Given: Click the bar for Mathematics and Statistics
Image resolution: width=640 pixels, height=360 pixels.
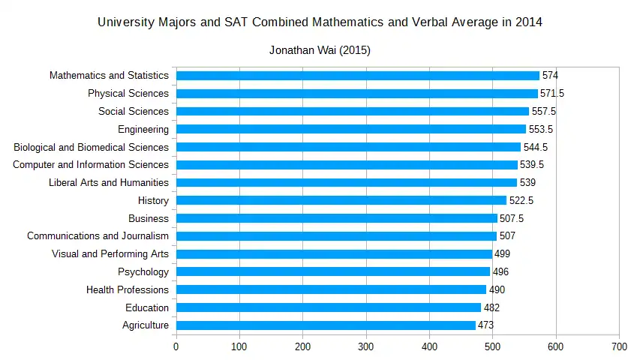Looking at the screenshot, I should (357, 76).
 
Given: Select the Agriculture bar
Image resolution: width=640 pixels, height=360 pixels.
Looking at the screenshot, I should (326, 325).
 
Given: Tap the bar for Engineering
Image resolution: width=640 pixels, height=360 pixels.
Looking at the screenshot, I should (351, 129).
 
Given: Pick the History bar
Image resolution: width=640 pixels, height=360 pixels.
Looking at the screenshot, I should (341, 200).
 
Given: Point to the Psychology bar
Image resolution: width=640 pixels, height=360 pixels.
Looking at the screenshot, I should (333, 271).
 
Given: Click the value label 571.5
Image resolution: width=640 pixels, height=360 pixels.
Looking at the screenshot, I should (553, 94).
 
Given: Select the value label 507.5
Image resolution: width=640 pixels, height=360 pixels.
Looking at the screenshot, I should (512, 218).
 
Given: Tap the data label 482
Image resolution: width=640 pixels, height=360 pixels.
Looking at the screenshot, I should (491, 307).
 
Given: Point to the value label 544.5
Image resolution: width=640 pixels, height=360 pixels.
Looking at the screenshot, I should (536, 147).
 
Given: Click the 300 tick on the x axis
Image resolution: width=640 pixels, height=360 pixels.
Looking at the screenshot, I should (366, 346).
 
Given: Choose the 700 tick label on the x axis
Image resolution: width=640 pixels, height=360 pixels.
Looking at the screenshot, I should (619, 346).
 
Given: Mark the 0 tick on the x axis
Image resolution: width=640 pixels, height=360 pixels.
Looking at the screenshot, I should (176, 346).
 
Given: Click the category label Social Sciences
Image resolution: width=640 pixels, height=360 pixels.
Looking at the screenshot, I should (134, 112).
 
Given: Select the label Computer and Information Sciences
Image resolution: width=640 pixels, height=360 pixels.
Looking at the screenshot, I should (91, 165).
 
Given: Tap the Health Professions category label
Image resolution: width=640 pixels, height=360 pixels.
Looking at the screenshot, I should (128, 289).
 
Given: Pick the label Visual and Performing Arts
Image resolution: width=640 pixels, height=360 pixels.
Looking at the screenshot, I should (110, 254).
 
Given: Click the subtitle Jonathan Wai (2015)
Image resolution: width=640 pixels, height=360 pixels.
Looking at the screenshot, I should (320, 51).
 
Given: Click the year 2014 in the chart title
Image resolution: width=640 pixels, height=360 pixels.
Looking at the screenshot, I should (528, 22).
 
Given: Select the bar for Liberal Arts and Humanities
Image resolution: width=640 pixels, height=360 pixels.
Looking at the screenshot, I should (347, 182).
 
